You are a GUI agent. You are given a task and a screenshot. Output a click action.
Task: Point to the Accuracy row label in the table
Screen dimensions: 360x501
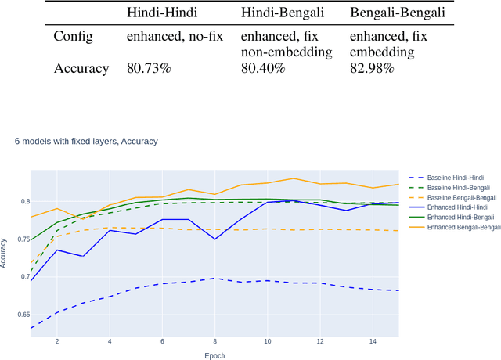click(x=81, y=68)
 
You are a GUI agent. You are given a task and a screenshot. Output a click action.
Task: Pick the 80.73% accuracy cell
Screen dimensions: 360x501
click(x=148, y=68)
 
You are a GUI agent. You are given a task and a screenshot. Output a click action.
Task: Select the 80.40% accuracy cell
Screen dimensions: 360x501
click(x=262, y=68)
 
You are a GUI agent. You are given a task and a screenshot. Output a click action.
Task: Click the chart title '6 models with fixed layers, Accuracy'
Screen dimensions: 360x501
click(x=86, y=142)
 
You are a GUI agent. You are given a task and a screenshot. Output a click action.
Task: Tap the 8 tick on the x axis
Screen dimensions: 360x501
click(x=214, y=343)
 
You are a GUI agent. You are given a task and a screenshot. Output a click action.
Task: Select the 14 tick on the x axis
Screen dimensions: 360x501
click(x=372, y=343)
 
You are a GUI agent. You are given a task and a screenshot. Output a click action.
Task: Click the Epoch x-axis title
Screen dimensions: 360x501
click(x=214, y=355)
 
